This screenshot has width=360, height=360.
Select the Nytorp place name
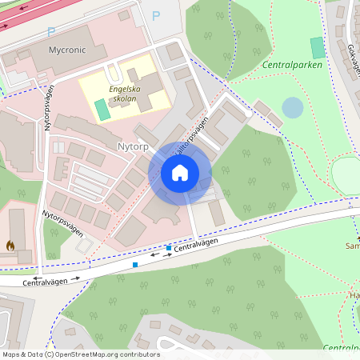[x=134, y=147]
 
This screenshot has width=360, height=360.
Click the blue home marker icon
[x=180, y=172]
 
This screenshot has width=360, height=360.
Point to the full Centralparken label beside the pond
[x=292, y=65]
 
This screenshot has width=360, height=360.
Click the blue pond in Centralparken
[x=294, y=107]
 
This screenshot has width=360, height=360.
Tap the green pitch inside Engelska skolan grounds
[x=100, y=108]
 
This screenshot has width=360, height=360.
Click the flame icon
[x=10, y=246]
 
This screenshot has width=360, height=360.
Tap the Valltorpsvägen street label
[x=191, y=134]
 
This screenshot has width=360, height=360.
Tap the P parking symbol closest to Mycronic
[x=51, y=31]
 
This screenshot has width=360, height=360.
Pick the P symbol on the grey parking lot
[x=156, y=15]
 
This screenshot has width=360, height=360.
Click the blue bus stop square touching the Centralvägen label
[x=168, y=249]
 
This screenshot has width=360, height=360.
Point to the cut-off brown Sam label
[x=352, y=246]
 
